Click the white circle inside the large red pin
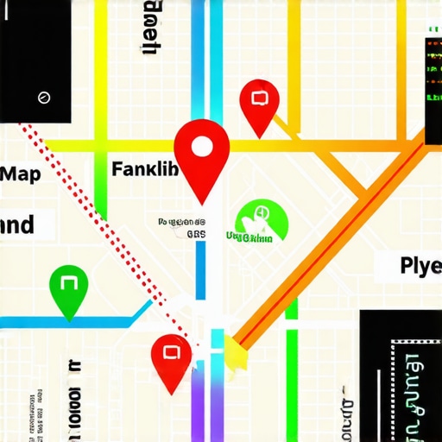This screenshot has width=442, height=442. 201,147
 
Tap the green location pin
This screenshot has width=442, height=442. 69,288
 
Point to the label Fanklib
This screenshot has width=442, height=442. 145,168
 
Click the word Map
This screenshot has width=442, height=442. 21,174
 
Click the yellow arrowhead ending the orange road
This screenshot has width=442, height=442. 235,349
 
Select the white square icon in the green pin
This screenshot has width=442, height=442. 69,283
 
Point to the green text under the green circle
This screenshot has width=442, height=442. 249,237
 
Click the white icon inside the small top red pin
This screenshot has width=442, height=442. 257,96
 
